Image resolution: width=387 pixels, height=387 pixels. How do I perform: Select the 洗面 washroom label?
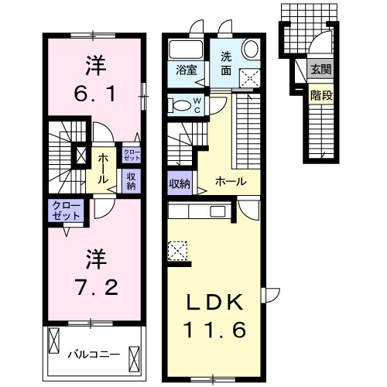pos(226,61)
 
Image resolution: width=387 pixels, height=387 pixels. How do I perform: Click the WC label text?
pos(197,104)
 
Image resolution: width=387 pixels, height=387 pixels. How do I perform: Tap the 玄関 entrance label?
pos(320,68)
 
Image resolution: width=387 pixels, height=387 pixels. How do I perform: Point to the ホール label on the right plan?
pos(231,181)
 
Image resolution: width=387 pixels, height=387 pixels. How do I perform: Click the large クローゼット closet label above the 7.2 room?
pos(65,211)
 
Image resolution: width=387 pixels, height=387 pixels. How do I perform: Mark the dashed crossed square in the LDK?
pos(178,251)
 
